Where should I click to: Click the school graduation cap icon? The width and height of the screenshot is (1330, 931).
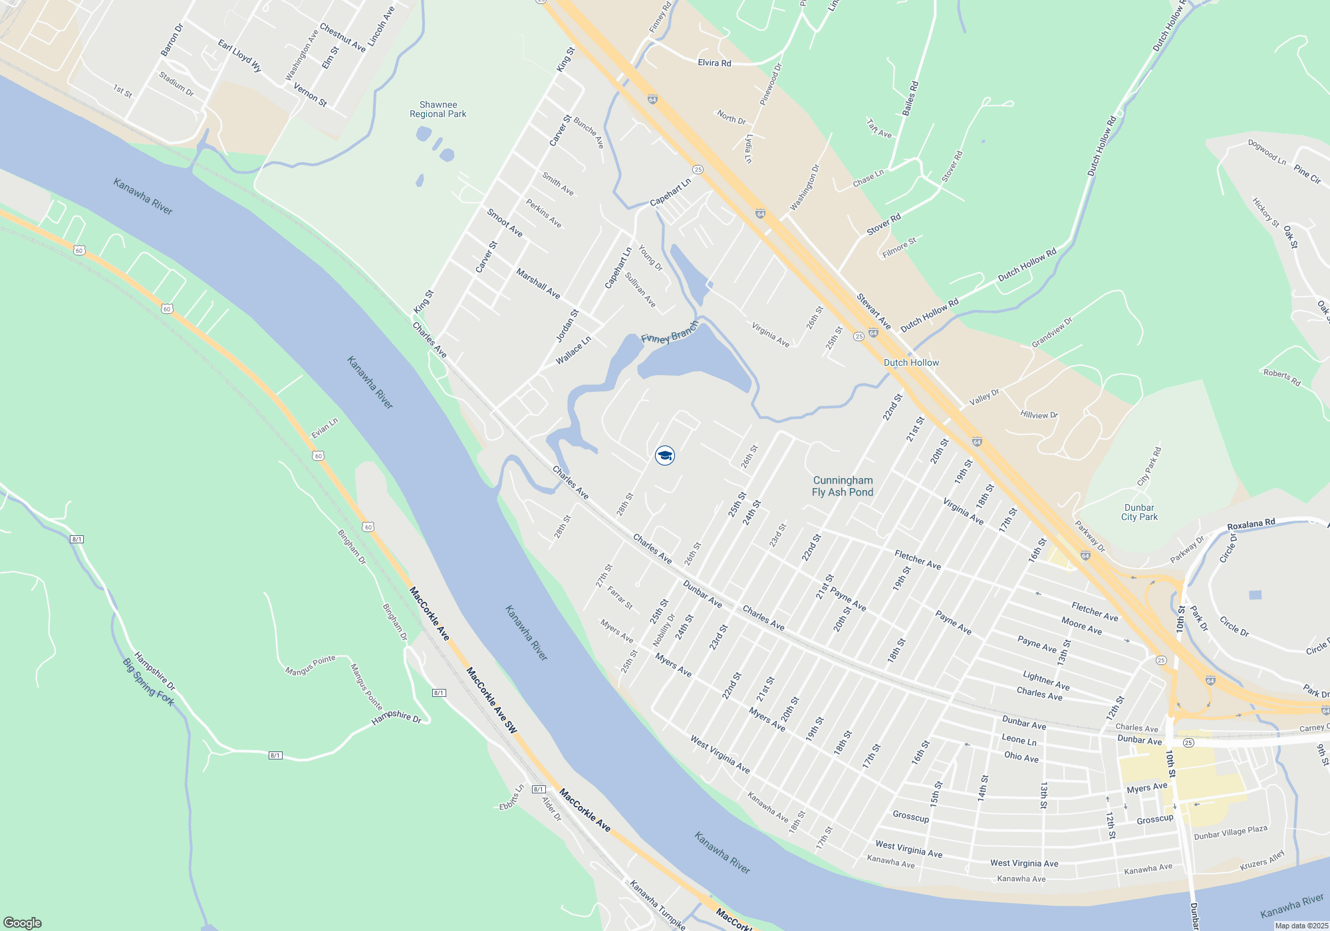tap(665, 456)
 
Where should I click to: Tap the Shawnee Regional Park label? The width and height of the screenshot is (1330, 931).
tap(438, 110)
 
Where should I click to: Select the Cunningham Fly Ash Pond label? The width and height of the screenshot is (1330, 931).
tap(843, 486)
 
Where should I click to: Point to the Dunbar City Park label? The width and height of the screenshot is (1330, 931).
tap(1139, 512)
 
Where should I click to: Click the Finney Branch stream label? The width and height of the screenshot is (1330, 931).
tap(669, 332)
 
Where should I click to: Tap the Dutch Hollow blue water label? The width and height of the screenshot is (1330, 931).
tap(911, 362)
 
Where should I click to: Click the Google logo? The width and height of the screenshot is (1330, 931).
tap(23, 923)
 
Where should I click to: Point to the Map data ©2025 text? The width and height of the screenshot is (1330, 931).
tap(1301, 926)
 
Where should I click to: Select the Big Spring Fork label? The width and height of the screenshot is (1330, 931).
tap(149, 682)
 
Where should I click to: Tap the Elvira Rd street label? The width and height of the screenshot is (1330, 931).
tap(714, 63)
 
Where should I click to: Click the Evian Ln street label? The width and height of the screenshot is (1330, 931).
tap(325, 428)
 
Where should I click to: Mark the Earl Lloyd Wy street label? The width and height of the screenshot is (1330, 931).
tap(239, 56)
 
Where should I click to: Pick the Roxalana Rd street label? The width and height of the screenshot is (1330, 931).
tap(1251, 524)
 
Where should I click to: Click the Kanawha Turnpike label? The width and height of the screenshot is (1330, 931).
tap(657, 904)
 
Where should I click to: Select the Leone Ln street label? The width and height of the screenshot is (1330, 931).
tap(1019, 739)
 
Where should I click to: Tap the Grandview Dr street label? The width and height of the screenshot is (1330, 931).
tap(1052, 332)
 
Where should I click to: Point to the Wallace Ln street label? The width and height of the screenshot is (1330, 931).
tap(573, 350)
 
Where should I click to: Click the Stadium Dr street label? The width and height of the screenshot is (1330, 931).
tap(176, 84)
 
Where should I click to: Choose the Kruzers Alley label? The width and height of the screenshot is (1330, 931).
tap(1262, 861)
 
